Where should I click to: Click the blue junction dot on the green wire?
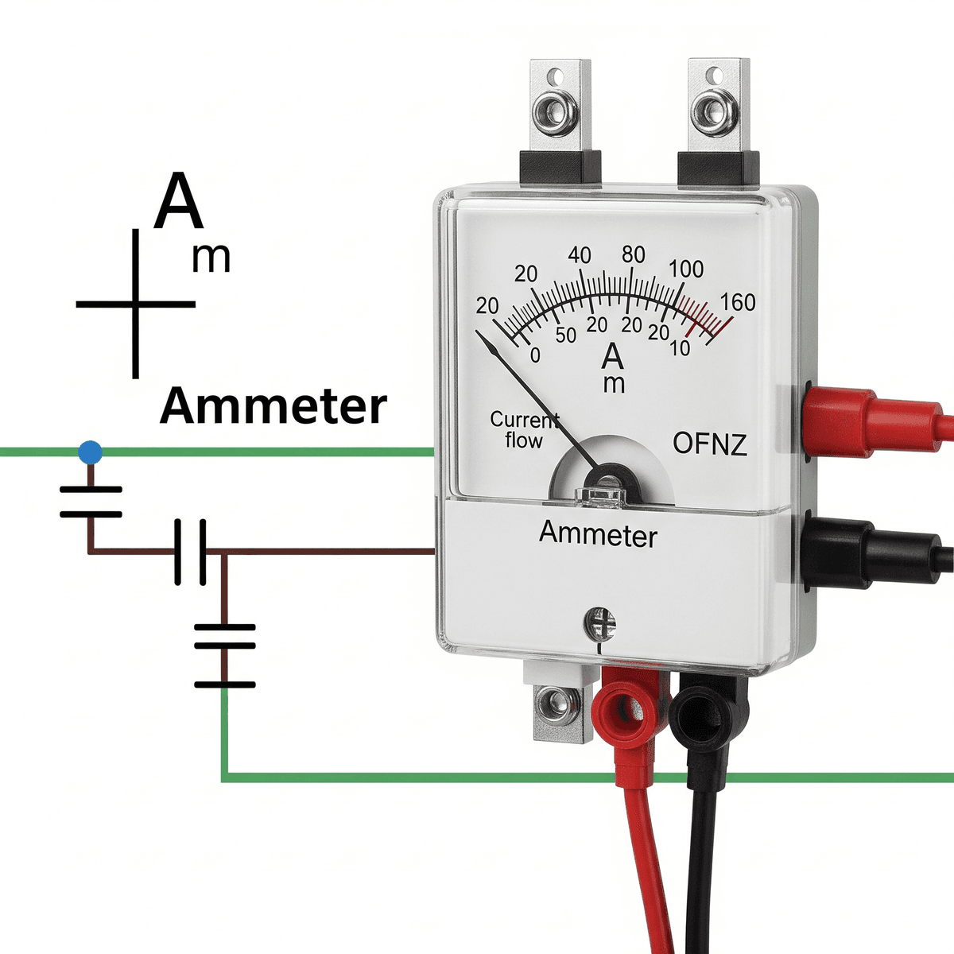(91, 453)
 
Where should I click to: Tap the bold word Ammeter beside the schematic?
(273, 406)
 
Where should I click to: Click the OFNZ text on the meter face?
(710, 444)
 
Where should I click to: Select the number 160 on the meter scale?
(738, 303)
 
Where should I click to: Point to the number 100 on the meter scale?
(685, 270)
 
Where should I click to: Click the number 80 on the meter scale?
(633, 255)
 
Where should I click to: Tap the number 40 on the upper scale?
(580, 255)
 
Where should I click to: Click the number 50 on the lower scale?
(565, 335)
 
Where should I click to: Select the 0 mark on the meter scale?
(534, 355)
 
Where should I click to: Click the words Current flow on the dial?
(524, 429)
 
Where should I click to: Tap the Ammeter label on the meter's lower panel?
(598, 533)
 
